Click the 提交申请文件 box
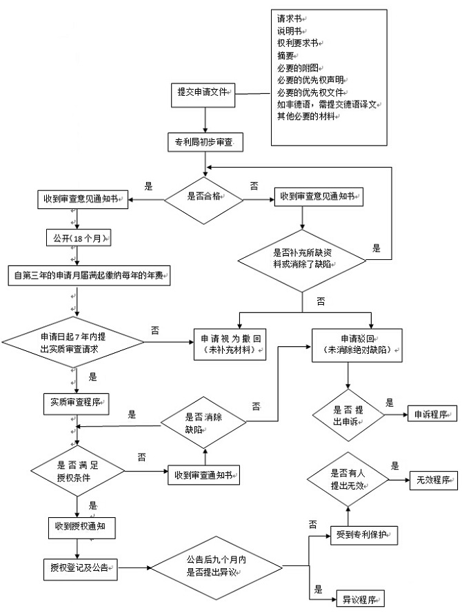point(204,92)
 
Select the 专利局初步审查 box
point(204,143)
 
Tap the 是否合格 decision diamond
point(204,196)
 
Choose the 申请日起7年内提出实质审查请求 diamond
point(68,343)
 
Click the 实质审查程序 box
point(77,402)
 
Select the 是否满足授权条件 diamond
point(76,471)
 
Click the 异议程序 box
point(359,599)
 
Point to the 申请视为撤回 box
point(230,344)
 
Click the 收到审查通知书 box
point(204,476)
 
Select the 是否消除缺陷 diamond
point(204,422)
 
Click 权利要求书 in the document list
point(297,43)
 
